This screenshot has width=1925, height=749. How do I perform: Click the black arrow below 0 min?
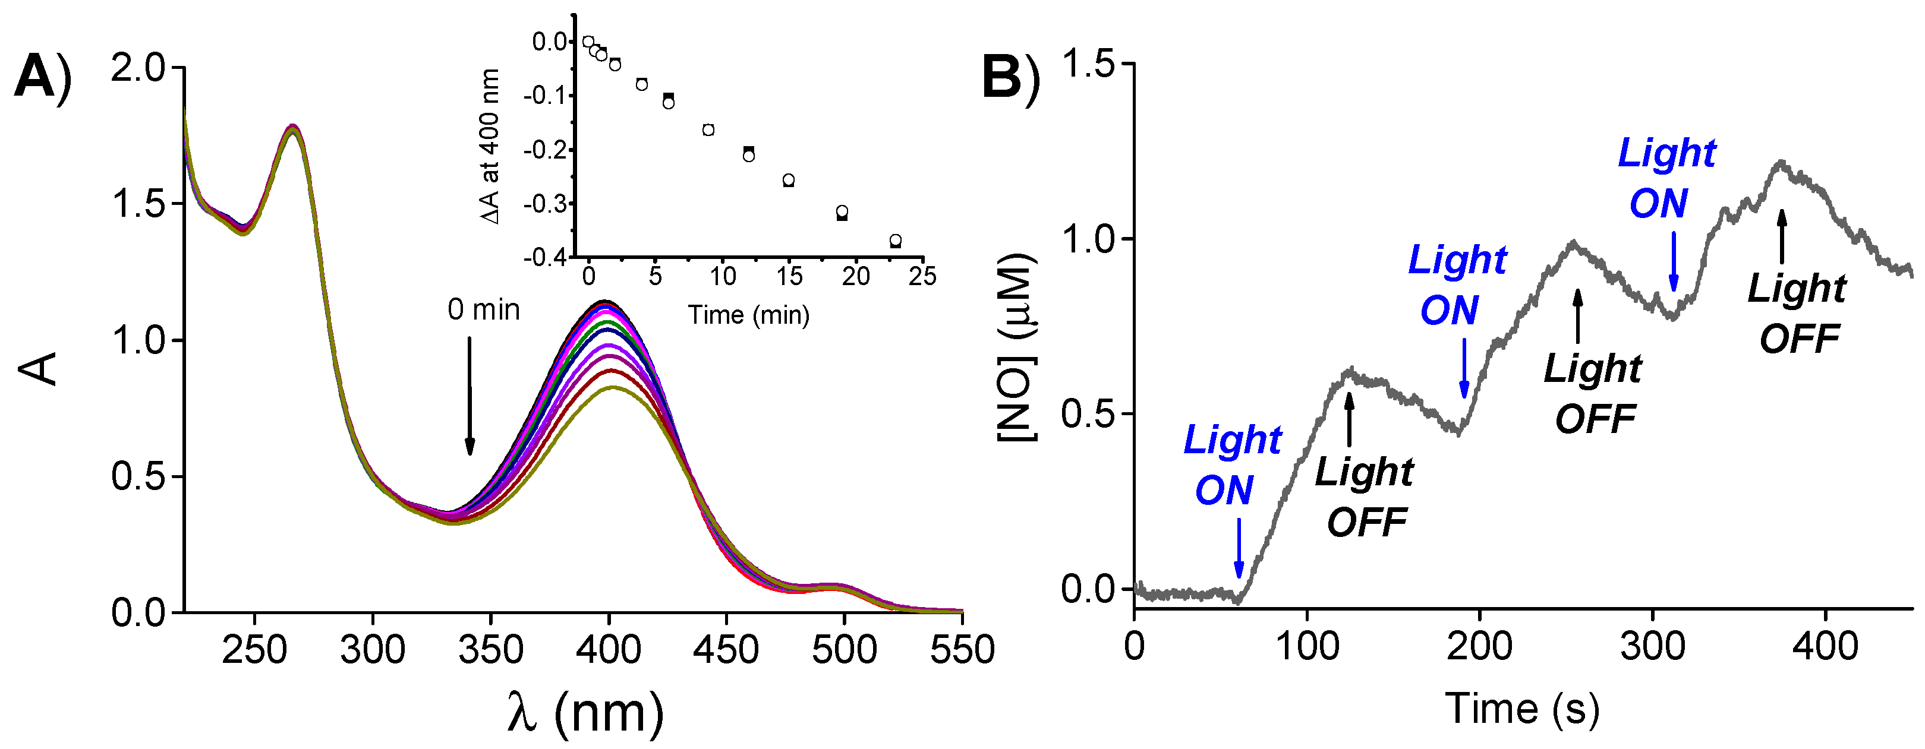point(470,396)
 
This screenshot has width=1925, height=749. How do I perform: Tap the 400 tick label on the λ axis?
point(609,650)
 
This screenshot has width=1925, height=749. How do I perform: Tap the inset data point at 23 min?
point(895,241)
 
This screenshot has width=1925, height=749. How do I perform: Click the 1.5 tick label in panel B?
point(1086,64)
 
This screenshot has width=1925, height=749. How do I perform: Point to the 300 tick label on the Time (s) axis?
point(1652,646)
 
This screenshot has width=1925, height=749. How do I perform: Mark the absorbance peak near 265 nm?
point(293,128)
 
